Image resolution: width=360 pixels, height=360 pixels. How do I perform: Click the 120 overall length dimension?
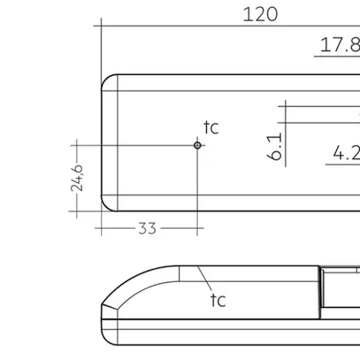pos(259,13)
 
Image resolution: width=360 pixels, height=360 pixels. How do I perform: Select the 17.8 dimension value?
pos(339,45)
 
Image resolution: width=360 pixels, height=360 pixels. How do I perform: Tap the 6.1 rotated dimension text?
pos(274,147)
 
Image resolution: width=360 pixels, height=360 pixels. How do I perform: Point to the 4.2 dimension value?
pos(345,153)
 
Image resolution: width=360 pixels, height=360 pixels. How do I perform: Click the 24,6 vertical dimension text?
pos(78,178)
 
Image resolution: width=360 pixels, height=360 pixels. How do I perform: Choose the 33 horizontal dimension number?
pos(147,228)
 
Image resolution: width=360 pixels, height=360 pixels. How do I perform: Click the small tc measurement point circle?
pos(198,144)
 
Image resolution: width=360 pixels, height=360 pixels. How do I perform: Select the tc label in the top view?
pos(211,128)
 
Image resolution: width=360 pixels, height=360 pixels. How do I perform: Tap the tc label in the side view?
pos(218,300)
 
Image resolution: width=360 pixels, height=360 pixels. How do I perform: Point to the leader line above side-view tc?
pos(206,281)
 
